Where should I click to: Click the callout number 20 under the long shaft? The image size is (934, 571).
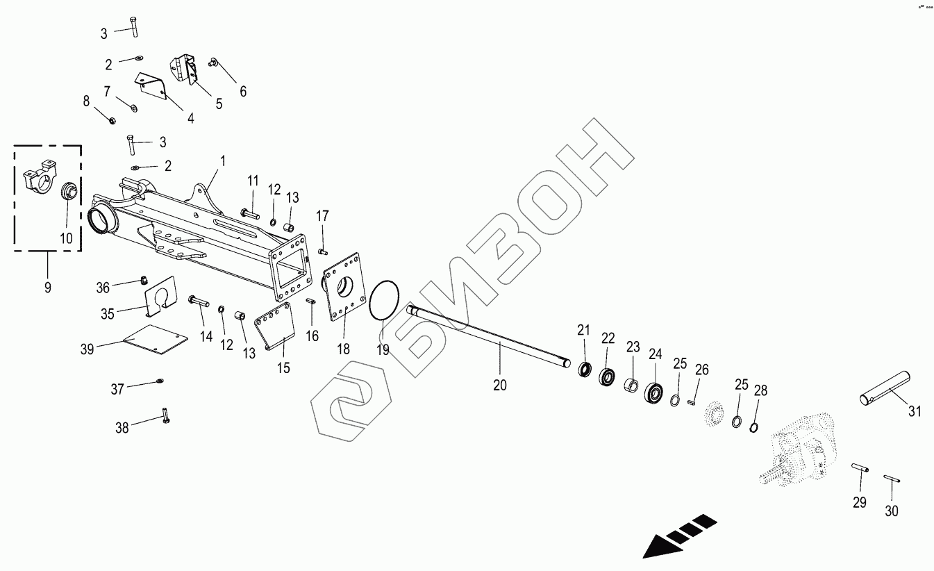[x=500, y=384]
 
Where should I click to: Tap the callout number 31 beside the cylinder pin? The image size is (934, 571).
[x=915, y=411]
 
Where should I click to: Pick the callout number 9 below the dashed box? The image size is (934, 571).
[x=47, y=287]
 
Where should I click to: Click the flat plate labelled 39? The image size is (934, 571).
[x=155, y=341]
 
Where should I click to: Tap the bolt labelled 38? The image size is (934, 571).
[x=165, y=415]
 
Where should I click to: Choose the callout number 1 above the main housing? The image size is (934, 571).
[x=223, y=160]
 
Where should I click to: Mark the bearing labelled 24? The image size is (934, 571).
[x=654, y=393]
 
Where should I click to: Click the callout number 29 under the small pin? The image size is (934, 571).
[x=860, y=502]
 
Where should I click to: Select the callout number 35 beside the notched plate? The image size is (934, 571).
[x=108, y=313]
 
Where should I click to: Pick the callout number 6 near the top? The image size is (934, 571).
[x=242, y=91]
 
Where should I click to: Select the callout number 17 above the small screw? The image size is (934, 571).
[x=322, y=216]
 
